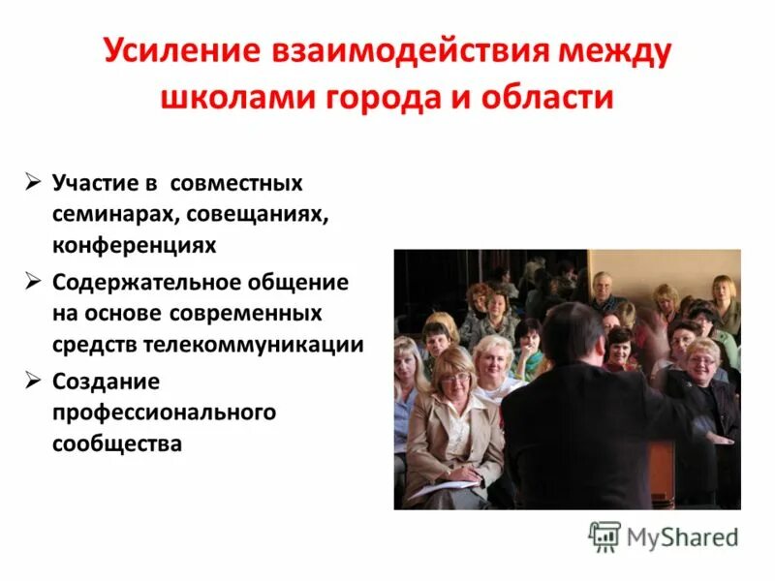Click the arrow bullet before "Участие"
click(x=33, y=182)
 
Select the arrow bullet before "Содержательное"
click(x=33, y=282)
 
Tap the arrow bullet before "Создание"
click(x=33, y=382)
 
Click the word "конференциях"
click(x=134, y=246)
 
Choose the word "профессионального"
click(x=164, y=413)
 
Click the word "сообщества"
click(x=117, y=445)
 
